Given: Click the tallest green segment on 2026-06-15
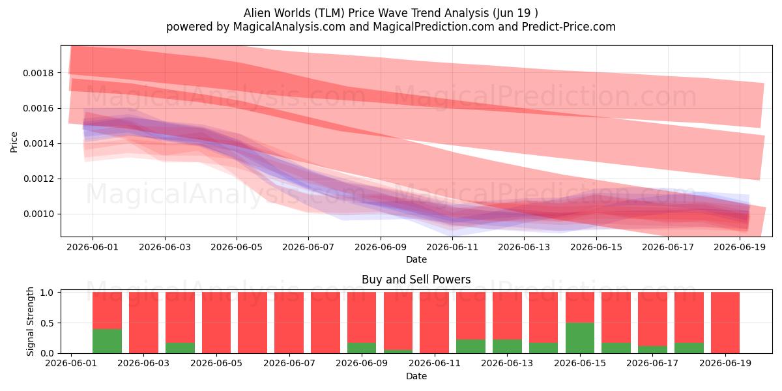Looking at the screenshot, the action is click(580, 338).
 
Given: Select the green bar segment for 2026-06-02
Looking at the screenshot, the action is click(107, 341).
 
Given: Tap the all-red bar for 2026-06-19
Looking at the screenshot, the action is click(725, 323).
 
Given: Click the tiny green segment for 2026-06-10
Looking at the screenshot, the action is click(398, 351).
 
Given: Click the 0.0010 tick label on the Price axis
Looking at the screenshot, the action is click(38, 214).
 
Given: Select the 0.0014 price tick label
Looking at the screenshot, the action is click(38, 143).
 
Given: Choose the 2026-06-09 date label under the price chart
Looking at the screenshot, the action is click(381, 247).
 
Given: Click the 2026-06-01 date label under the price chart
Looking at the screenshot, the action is click(93, 247).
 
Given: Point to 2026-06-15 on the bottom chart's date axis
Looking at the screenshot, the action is click(580, 363).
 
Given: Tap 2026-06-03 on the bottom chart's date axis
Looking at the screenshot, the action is click(143, 363).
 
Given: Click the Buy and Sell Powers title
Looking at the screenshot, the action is click(416, 280).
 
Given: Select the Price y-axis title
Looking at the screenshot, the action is click(14, 142).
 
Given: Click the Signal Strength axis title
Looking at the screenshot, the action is click(31, 321).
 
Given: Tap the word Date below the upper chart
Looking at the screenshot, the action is click(416, 259).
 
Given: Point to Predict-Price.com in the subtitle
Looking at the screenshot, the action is click(569, 27).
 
